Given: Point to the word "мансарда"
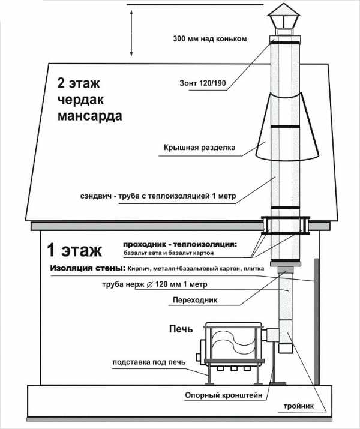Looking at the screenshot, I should tap(89, 115).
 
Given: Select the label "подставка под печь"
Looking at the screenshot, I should tap(148, 363).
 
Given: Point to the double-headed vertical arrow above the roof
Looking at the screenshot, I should tap(131, 34).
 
